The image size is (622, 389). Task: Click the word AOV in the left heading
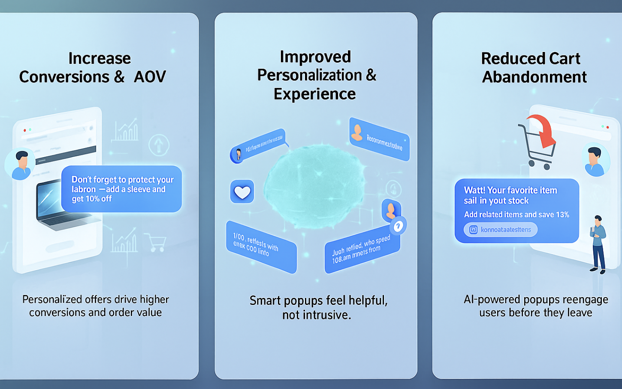(150, 77)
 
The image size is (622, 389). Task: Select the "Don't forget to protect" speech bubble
(121, 189)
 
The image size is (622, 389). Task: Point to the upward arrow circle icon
(159, 145)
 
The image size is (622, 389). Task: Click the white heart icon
(242, 191)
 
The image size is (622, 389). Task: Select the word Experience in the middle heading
(314, 94)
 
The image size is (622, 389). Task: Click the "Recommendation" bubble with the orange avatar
(379, 139)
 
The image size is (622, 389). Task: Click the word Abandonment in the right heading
(534, 77)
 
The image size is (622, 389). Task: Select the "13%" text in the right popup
(562, 215)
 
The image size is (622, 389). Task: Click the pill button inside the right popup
(500, 230)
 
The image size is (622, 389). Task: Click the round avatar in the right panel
(596, 160)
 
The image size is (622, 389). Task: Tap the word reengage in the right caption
(585, 300)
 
